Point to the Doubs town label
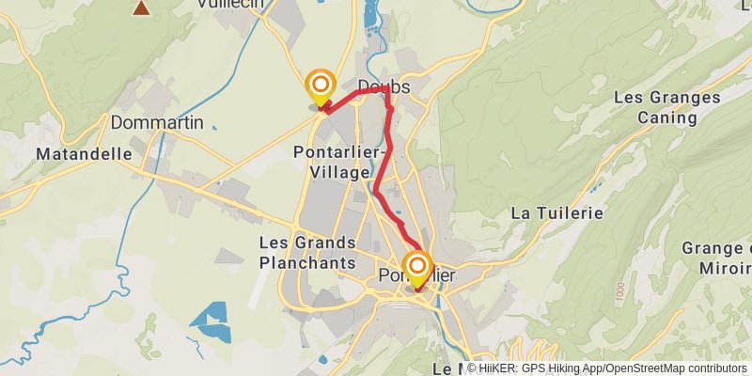(x=384, y=86)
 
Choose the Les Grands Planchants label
(x=307, y=253)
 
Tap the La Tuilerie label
(x=556, y=213)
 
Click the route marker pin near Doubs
(x=321, y=85)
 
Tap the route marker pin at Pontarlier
(x=416, y=266)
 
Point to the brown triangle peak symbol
(x=141, y=8)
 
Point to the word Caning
(x=667, y=117)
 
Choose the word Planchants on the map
(x=307, y=263)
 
